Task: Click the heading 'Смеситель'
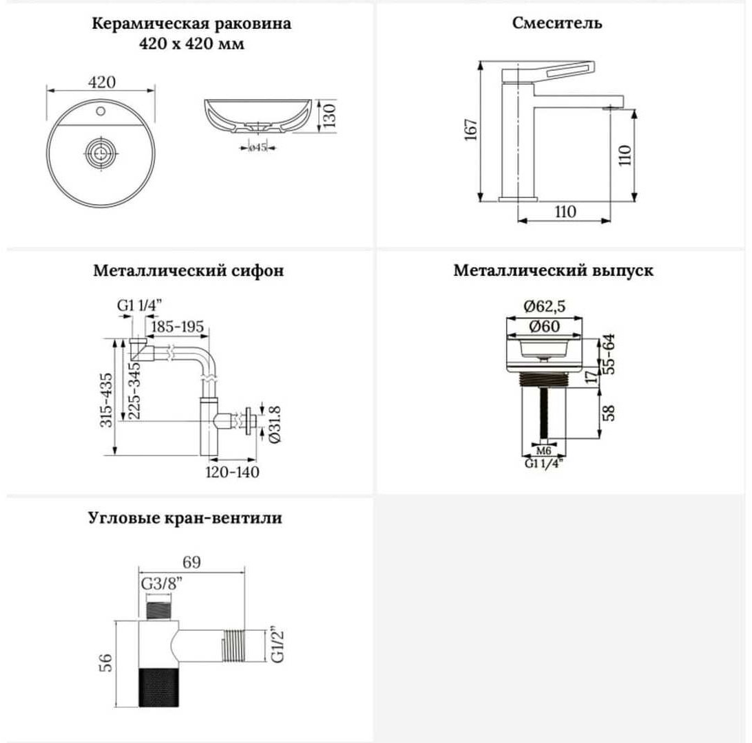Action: pos(557,23)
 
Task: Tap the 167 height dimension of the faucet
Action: pos(472,130)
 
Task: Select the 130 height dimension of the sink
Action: pos(329,116)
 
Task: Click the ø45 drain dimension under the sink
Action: pos(258,147)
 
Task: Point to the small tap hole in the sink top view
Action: pos(101,111)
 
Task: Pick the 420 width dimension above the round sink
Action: pos(102,83)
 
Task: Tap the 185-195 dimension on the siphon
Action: pos(178,327)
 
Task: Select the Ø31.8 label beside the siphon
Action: pos(275,424)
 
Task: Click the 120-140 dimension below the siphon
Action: pos(232,473)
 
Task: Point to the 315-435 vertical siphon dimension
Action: pos(107,400)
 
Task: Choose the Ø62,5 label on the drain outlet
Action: pos(544,306)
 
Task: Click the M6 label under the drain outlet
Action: pos(543,451)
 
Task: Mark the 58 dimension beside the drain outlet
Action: pos(608,413)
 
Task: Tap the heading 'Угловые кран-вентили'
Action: pos(185,518)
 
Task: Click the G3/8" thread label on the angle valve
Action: pos(163,585)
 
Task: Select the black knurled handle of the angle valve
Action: pos(159,687)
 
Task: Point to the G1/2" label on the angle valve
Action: pos(278,644)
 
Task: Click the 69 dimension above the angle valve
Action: pos(192,562)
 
